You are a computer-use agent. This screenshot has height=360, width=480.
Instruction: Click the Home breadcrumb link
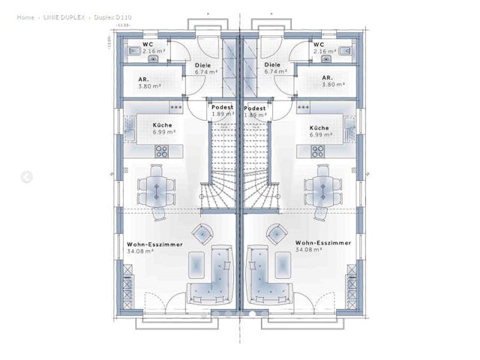point(25,16)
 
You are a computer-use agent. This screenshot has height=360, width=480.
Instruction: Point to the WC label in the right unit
point(319,44)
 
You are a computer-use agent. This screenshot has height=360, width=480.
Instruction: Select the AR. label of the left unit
point(144,78)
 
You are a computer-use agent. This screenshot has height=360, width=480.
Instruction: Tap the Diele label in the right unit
point(272,65)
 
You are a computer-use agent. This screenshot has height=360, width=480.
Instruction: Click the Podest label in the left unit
point(222,107)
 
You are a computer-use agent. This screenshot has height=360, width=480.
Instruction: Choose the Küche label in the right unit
point(319,126)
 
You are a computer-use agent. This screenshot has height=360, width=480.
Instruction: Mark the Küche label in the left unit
point(162,125)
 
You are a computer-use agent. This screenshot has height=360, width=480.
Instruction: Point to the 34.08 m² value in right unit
point(308,250)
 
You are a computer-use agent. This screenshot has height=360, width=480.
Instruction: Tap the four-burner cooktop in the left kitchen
point(159,151)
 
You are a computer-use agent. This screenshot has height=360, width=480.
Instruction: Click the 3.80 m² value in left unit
point(150,85)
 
